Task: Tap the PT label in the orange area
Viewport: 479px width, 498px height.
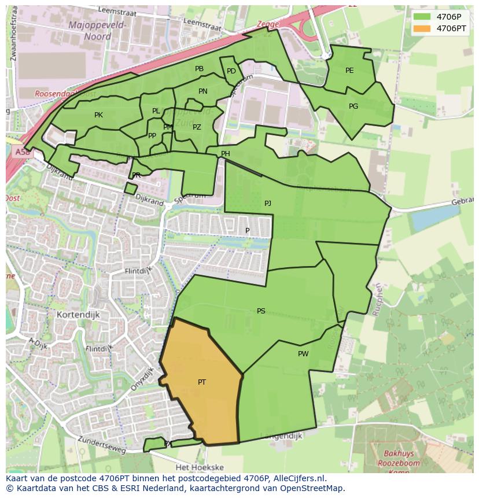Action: tap(202, 382)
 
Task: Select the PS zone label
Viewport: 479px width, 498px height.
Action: tap(261, 311)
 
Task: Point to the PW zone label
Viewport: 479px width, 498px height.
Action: tap(303, 354)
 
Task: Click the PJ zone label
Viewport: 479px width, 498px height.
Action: tap(267, 204)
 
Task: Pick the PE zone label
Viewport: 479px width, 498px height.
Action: tap(349, 71)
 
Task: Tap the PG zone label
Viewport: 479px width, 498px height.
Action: tap(353, 106)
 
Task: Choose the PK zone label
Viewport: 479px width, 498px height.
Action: tap(98, 115)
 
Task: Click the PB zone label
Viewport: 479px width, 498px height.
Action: tap(199, 69)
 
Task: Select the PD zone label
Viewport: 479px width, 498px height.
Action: tap(231, 71)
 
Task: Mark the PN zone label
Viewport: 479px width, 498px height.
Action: tap(202, 91)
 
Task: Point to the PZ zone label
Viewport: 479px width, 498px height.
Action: tap(197, 127)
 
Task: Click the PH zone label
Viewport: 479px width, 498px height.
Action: tap(225, 154)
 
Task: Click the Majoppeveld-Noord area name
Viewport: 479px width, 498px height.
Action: tap(89, 30)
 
